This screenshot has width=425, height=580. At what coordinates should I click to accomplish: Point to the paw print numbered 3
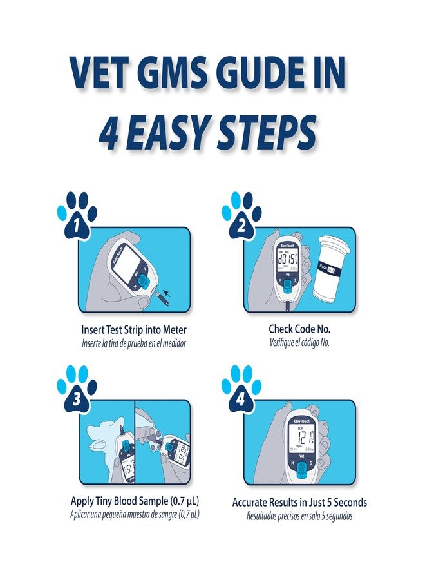pos(77,390)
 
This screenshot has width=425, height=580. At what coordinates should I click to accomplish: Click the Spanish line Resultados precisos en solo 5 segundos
pos(299,516)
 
